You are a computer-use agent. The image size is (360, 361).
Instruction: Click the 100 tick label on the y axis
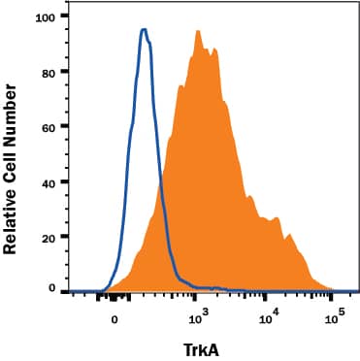(43, 16)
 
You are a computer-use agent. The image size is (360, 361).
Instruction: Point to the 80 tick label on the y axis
(47, 71)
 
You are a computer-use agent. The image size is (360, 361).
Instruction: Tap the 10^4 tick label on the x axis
(269, 315)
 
